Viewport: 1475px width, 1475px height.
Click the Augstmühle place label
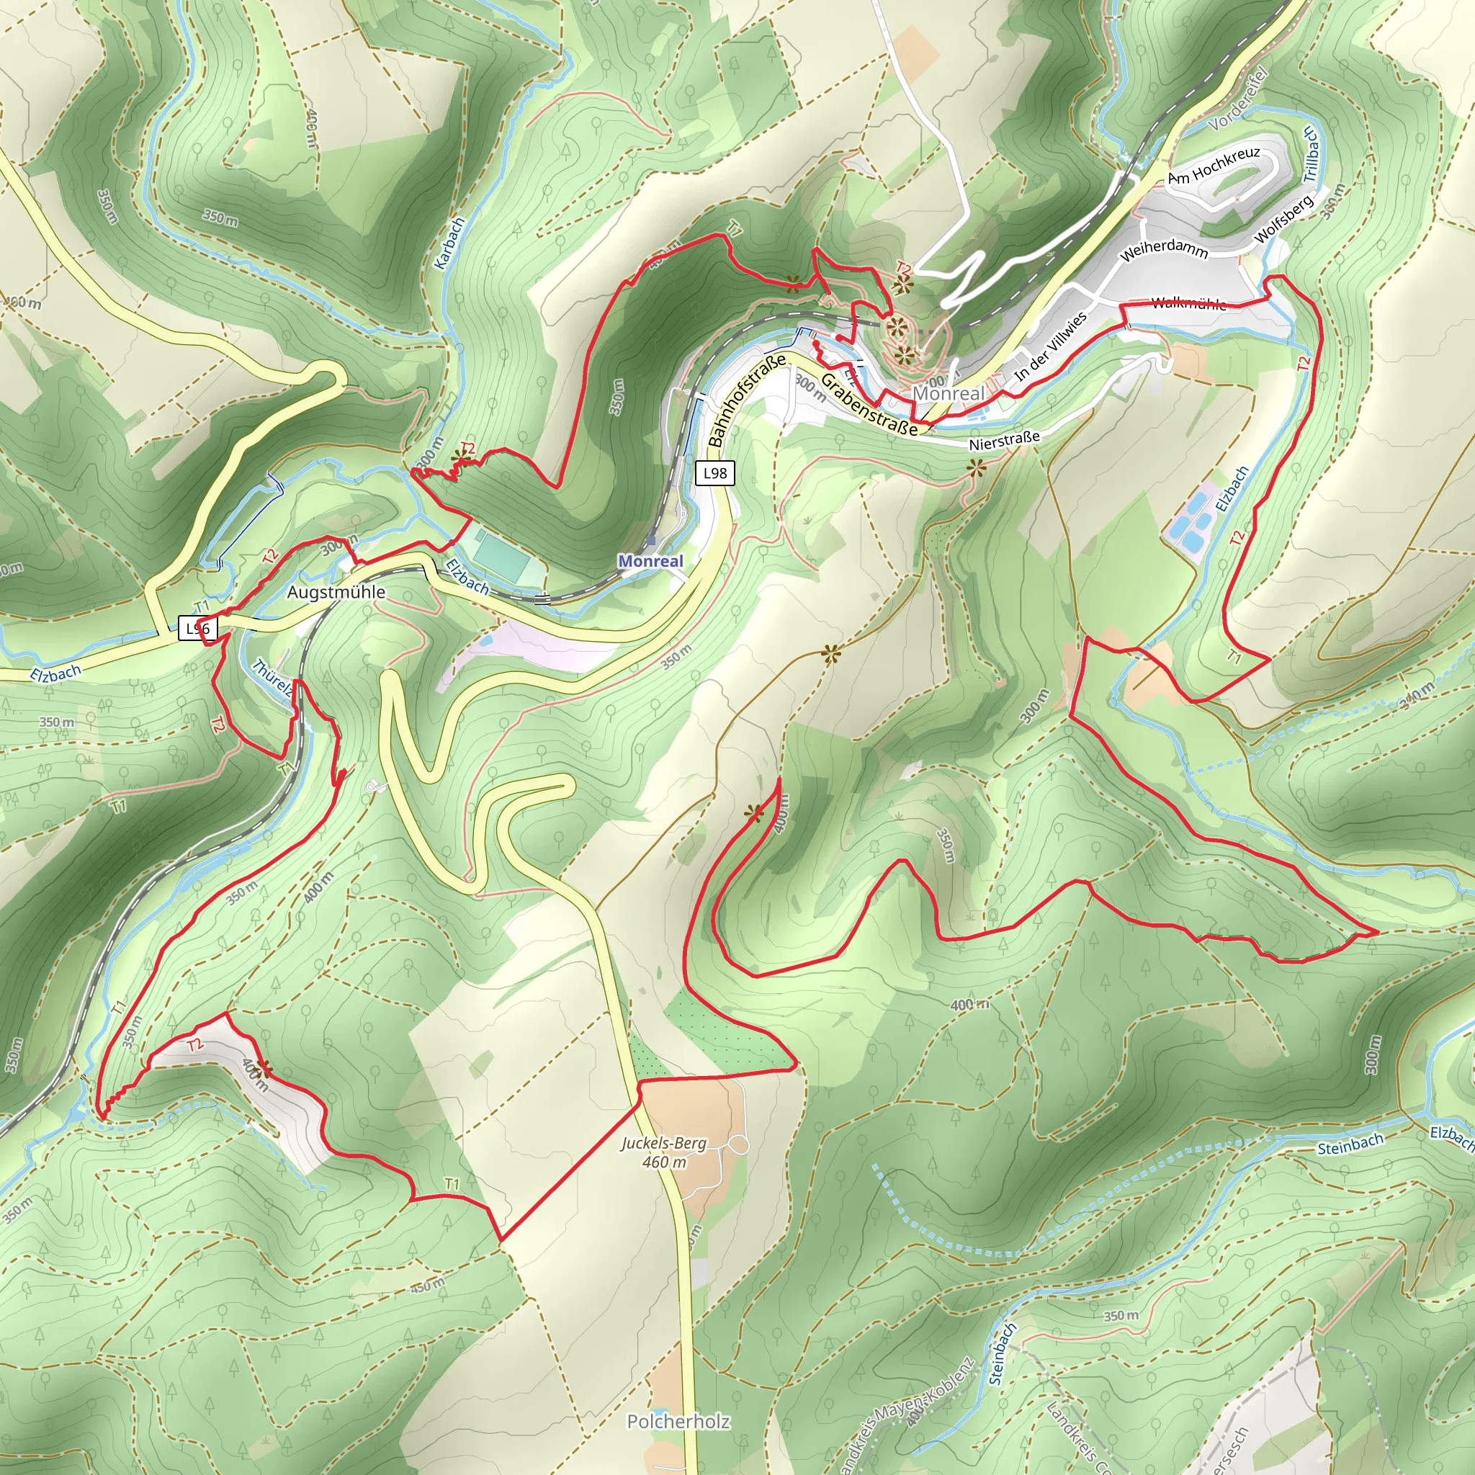[x=336, y=593]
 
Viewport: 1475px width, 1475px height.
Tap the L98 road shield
[x=714, y=473]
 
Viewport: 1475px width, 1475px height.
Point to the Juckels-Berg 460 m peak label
[x=663, y=1152]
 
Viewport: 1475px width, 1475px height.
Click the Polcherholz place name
[x=678, y=1422]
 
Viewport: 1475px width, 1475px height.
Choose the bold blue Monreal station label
[x=650, y=561]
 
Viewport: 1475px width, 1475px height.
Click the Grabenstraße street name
[x=868, y=405]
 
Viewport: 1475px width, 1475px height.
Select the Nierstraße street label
[x=1004, y=441]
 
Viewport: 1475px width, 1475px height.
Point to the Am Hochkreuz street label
[x=1213, y=166]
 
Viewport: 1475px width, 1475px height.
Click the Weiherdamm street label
[x=1164, y=249]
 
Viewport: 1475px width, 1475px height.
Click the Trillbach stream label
[x=1310, y=154]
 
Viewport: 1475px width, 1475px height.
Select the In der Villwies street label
[x=1051, y=347]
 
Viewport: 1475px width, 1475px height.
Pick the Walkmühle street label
[x=1188, y=303]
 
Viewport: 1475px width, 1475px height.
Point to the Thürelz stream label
[x=272, y=678]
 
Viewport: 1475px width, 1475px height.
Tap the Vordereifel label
[x=1237, y=99]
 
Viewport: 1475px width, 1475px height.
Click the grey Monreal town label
[x=949, y=393]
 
